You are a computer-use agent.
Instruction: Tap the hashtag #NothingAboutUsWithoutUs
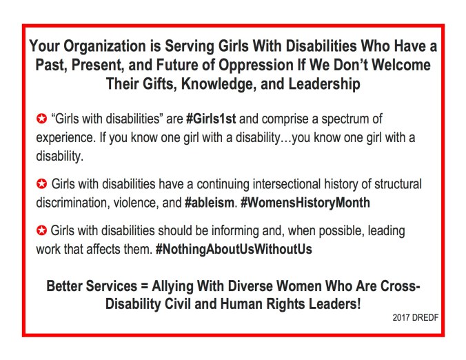coord(234,248)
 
